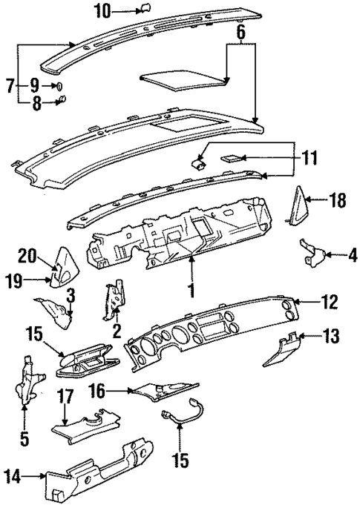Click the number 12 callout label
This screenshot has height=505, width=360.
tap(329, 302)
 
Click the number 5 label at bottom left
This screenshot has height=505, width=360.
tap(24, 438)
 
